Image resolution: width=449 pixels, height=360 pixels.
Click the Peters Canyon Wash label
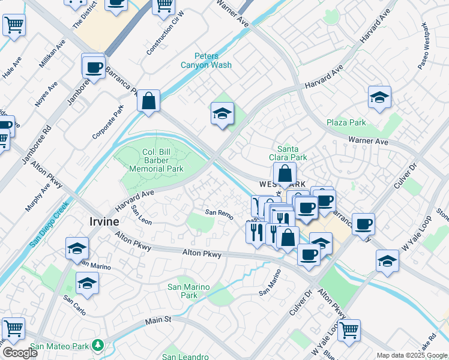(206, 60)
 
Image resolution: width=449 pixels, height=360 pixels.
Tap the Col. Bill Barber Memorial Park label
(154, 160)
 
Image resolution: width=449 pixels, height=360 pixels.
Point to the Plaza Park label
(346, 122)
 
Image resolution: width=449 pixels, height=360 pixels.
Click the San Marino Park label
(190, 291)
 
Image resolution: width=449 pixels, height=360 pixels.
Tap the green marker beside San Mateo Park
(97, 346)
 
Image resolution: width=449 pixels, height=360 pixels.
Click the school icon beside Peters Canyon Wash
(221, 113)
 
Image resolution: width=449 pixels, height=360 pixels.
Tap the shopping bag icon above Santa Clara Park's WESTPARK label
(285, 175)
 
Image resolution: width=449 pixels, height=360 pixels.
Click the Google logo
(19, 352)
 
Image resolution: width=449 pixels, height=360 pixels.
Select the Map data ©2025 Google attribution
(412, 355)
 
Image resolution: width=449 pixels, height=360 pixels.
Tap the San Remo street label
(218, 212)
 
